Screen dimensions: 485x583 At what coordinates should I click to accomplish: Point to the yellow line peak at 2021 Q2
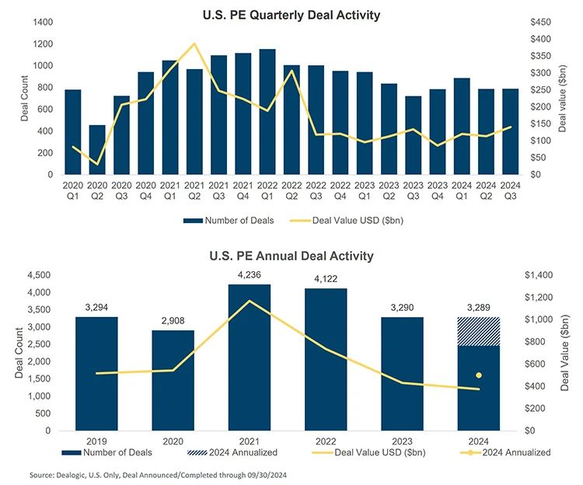[x=194, y=44]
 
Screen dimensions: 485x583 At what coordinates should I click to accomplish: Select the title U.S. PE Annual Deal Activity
[x=291, y=256]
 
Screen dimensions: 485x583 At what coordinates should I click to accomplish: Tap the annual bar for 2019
[x=96, y=373]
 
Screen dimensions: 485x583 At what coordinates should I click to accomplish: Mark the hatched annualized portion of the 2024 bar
[x=479, y=331]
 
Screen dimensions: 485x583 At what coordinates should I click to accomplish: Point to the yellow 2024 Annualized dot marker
[x=479, y=375]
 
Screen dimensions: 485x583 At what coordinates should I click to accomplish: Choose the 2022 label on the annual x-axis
[x=326, y=440]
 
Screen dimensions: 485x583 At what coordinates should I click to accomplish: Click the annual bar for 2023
[x=402, y=373]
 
